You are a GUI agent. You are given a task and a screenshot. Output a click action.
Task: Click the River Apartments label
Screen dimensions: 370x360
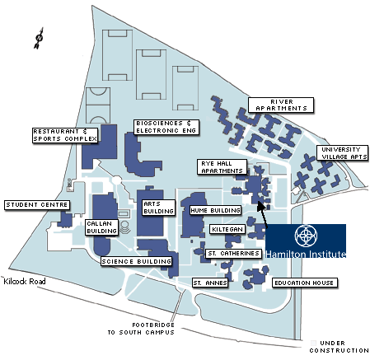click(281, 105)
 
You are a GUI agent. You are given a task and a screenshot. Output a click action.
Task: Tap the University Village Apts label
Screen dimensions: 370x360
click(342, 153)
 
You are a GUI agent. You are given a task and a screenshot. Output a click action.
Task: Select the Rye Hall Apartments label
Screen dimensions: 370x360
click(222, 167)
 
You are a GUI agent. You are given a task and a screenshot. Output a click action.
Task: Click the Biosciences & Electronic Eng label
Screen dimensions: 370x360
click(166, 127)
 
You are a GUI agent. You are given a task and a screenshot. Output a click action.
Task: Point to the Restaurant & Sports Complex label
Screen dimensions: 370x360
click(65, 135)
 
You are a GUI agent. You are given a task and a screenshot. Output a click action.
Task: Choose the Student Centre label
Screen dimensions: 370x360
click(37, 205)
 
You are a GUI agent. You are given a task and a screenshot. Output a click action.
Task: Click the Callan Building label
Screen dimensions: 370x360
click(101, 227)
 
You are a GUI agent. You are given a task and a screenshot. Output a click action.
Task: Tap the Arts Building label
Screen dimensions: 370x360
click(158, 208)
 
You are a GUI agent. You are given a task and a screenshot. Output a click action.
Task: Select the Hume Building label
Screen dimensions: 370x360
click(215, 210)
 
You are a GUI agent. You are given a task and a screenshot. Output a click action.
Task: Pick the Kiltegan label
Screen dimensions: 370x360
click(227, 229)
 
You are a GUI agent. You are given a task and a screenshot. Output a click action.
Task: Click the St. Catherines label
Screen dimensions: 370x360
click(233, 253)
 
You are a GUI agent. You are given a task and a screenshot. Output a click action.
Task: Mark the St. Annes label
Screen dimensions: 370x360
click(210, 283)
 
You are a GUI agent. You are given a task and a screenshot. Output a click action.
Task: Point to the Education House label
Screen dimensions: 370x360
click(304, 283)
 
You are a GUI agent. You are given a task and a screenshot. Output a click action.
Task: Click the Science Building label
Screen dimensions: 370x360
click(136, 261)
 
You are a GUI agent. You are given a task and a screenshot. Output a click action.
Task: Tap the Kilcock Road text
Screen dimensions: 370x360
click(25, 282)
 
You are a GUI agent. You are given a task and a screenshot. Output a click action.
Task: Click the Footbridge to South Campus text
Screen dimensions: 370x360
click(141, 329)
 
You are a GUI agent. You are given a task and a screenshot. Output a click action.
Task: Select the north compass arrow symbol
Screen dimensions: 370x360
click(39, 38)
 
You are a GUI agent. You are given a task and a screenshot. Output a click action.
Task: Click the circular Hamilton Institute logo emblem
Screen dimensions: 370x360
click(306, 236)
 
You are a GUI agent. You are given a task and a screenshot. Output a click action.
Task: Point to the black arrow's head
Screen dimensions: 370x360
click(260, 206)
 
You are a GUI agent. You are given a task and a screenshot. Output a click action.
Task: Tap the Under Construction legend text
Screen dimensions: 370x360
click(340, 347)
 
